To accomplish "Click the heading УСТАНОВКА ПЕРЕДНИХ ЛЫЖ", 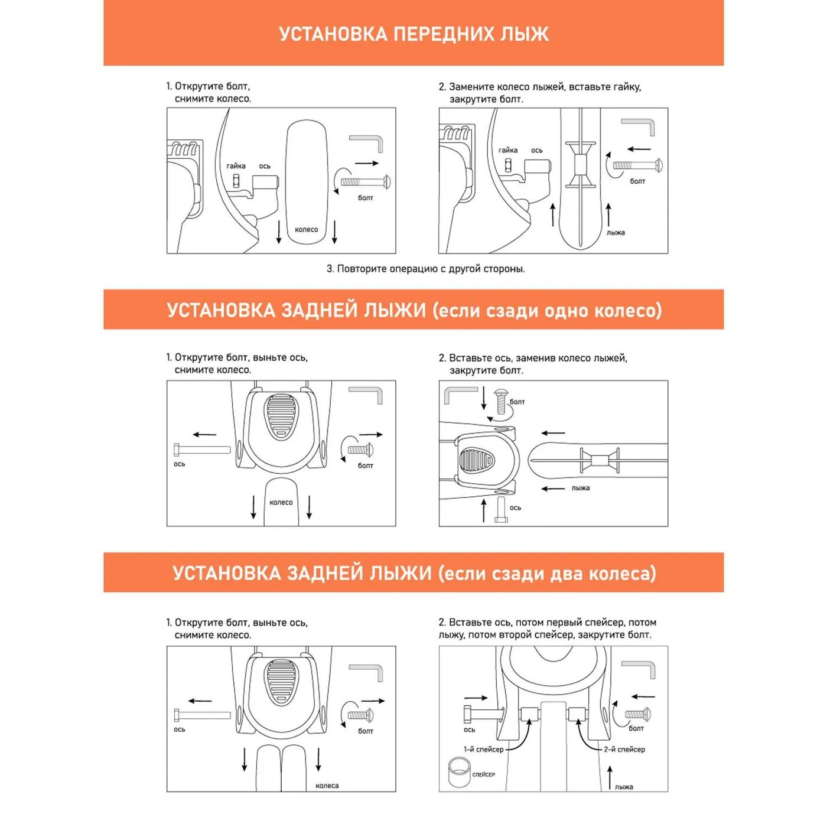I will pos(413,34).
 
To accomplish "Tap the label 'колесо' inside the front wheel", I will pos(306,229).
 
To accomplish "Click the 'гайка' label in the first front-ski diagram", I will pos(236,166).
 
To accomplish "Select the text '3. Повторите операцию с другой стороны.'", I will pos(425,269).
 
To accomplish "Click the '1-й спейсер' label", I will pos(483,749).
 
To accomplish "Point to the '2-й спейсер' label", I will pos(624,749).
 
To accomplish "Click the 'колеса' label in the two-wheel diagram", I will pos(327,786).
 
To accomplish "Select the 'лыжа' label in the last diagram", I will pos(624,787).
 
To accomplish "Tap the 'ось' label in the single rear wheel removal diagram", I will pos(180,464).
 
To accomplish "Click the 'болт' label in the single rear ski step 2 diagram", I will pos(517,402).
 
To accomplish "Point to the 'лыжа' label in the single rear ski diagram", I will pos(581,488).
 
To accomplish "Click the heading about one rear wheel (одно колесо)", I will pos(413,310).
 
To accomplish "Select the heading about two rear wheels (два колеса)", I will pos(413,573).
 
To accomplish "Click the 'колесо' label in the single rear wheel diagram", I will pos(281,502).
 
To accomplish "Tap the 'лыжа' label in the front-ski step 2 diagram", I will pos(616,233).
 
